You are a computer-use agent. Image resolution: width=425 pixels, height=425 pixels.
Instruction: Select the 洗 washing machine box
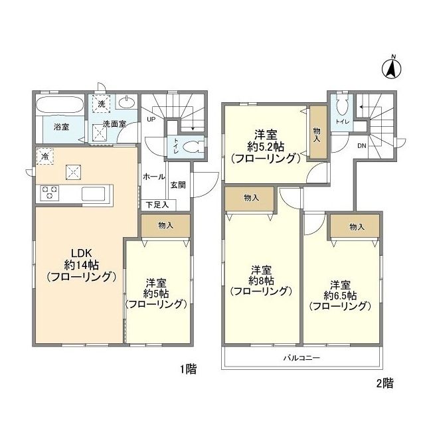click(101, 104)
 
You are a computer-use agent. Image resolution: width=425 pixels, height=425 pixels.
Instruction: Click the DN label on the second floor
click(362, 145)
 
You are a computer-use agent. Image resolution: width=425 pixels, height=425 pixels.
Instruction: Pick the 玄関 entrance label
click(177, 185)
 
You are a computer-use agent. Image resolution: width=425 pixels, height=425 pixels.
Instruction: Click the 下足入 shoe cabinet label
click(157, 205)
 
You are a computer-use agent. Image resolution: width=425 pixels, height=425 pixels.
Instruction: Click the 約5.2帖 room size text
click(264, 146)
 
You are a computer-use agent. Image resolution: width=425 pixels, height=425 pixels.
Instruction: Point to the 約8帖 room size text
click(260, 280)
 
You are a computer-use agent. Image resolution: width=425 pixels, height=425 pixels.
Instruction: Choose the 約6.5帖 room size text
click(339, 294)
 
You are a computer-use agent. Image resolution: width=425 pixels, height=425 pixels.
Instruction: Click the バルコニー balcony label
click(301, 357)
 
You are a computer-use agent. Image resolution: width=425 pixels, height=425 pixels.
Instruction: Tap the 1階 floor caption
click(189, 370)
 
